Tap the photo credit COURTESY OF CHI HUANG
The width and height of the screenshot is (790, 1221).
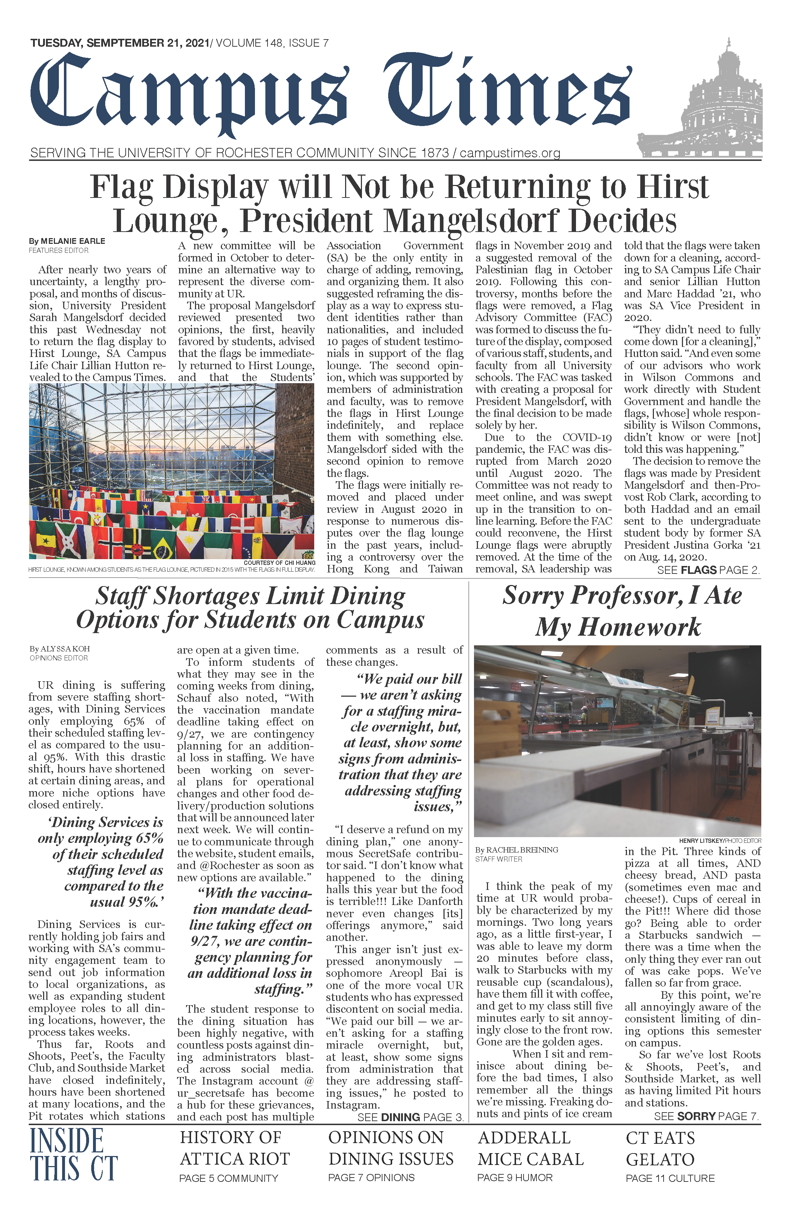pyautogui.click(x=280, y=563)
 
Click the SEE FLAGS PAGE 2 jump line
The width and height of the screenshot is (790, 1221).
pyautogui.click(x=708, y=570)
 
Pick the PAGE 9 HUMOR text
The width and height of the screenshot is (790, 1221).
pyautogui.click(x=515, y=1178)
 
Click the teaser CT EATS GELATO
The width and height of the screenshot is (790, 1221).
pyautogui.click(x=660, y=1149)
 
